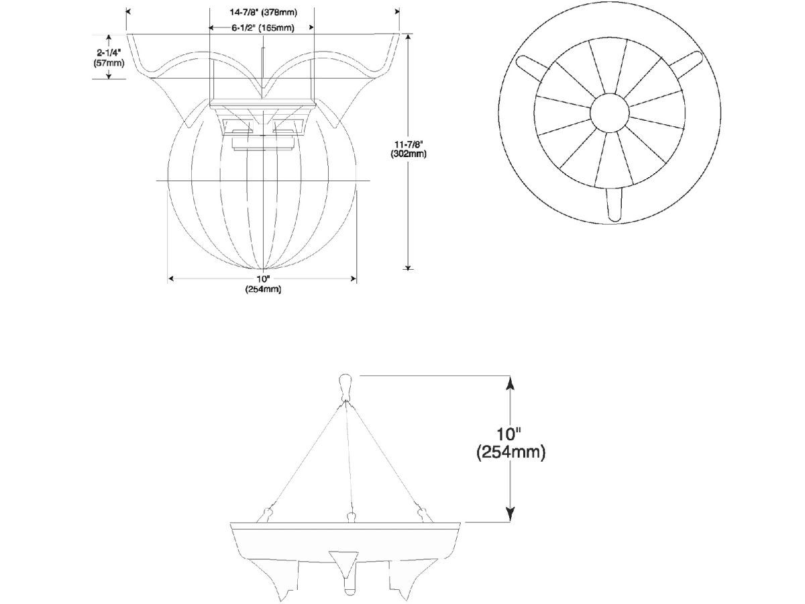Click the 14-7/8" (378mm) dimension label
263,13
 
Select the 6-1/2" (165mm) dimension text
262,28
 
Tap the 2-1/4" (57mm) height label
109,58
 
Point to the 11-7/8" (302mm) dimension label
408,149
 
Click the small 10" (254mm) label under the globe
263,284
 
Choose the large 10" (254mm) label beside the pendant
511,443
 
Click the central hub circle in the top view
610,113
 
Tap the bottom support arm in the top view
614,205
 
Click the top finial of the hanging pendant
345,388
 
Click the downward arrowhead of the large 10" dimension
510,514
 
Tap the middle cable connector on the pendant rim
352,517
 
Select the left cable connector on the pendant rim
266,515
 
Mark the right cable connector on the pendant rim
425,515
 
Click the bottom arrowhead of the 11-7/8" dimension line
408,266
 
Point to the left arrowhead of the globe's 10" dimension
171,279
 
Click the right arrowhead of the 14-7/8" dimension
397,11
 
